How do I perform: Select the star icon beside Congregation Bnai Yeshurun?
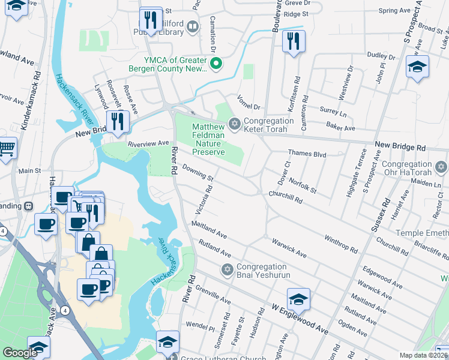pyautogui.click(x=227, y=268)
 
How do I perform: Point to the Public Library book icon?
pyautogui.click(x=192, y=26)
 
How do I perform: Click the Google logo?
pyautogui.click(x=20, y=353)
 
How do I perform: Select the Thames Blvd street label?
pyautogui.click(x=307, y=154)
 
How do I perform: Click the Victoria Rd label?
pyautogui.click(x=203, y=200)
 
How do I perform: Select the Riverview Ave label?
pyautogui.click(x=148, y=144)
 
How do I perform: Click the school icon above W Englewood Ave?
pyautogui.click(x=298, y=298)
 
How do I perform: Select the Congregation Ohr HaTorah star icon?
pyautogui.click(x=441, y=166)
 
